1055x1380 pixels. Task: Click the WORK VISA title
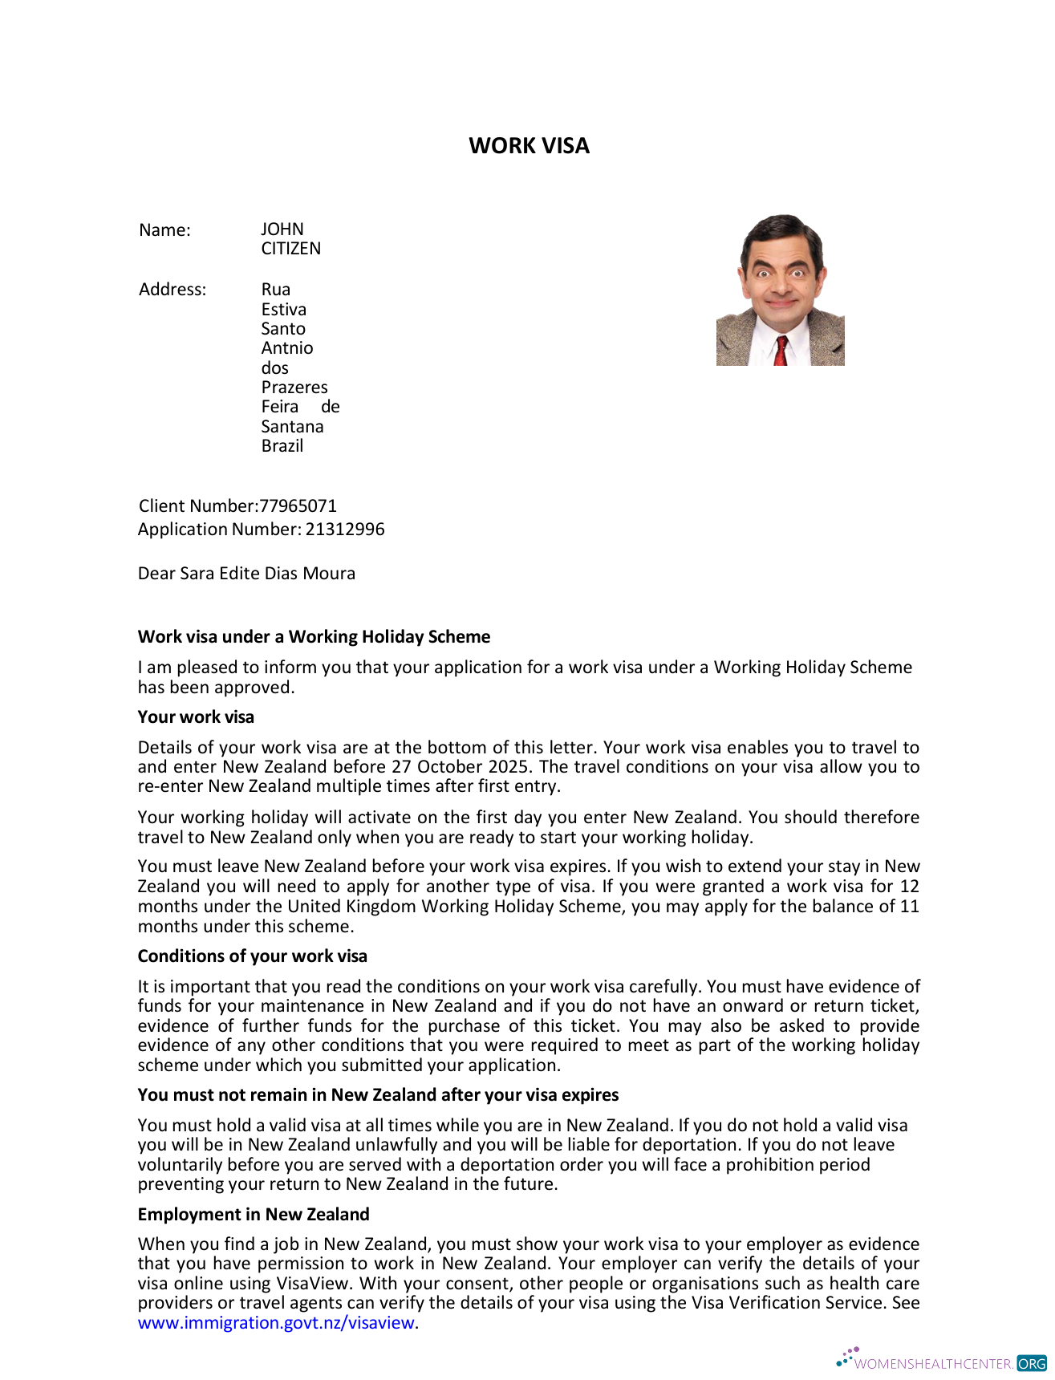pos(529,145)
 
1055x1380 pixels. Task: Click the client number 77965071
pos(298,506)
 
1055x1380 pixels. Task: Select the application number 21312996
pos(345,530)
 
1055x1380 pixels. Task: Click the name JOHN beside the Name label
pos(282,229)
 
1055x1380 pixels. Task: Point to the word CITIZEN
pos(290,249)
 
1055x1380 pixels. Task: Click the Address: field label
pos(172,290)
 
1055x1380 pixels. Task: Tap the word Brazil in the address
pos(282,446)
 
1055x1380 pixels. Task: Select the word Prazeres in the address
pos(294,388)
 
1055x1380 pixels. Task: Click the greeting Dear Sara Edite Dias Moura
pos(246,574)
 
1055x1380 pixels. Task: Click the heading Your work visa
pos(196,717)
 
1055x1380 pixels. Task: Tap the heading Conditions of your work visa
pos(252,956)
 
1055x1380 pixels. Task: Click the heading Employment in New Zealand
pos(254,1215)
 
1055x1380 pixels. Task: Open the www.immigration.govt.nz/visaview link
pos(276,1323)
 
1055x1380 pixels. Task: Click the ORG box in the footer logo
pos(1032,1364)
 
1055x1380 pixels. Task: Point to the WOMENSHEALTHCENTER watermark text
pos(932,1364)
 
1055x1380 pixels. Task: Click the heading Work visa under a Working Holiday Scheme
pos(314,637)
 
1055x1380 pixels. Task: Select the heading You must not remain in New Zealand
pos(378,1095)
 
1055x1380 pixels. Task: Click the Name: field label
pos(164,230)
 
